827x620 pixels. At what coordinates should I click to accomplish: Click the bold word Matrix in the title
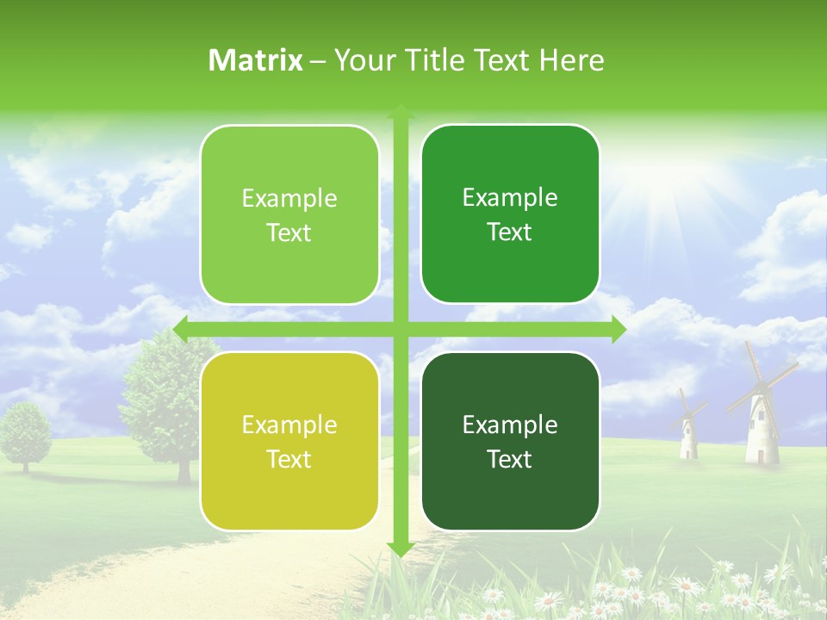click(256, 60)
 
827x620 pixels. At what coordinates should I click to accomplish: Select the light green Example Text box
click(289, 214)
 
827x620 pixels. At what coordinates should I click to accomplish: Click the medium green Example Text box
click(510, 214)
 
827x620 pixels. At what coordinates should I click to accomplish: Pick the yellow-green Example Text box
click(289, 441)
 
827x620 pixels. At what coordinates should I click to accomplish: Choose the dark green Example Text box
click(510, 441)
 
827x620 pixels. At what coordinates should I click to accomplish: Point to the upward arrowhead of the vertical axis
click(400, 111)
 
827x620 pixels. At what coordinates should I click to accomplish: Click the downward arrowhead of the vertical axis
click(400, 549)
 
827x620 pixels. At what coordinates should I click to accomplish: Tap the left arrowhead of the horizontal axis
click(181, 329)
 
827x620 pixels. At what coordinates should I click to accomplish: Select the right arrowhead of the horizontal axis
click(618, 329)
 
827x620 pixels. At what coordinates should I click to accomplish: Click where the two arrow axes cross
click(400, 329)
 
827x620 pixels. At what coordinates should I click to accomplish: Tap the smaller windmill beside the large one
click(687, 431)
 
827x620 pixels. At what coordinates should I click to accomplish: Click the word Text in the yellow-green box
click(289, 459)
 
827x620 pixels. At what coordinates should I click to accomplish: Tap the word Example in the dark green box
click(510, 425)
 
